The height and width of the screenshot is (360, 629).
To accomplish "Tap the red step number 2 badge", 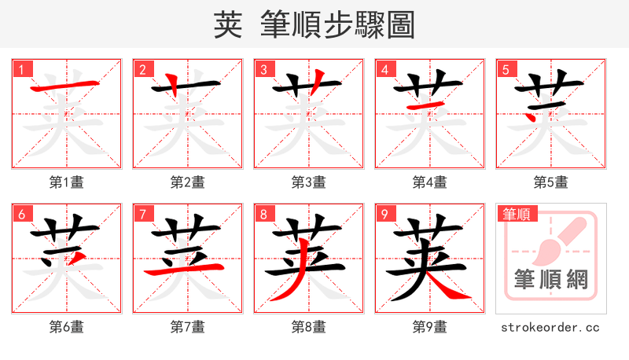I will (142, 68).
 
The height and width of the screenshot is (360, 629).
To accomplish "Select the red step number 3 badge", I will (263, 68).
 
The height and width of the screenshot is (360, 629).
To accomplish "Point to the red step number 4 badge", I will (384, 68).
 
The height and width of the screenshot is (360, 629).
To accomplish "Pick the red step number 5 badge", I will (506, 68).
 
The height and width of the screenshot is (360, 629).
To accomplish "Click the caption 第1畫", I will (67, 182).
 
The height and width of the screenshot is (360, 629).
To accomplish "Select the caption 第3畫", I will (309, 182).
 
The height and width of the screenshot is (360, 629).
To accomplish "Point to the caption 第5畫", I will (551, 182).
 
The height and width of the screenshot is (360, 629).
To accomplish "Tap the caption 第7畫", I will (188, 327).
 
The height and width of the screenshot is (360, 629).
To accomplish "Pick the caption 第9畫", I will (430, 327).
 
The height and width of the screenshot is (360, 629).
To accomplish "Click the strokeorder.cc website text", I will (551, 327).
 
